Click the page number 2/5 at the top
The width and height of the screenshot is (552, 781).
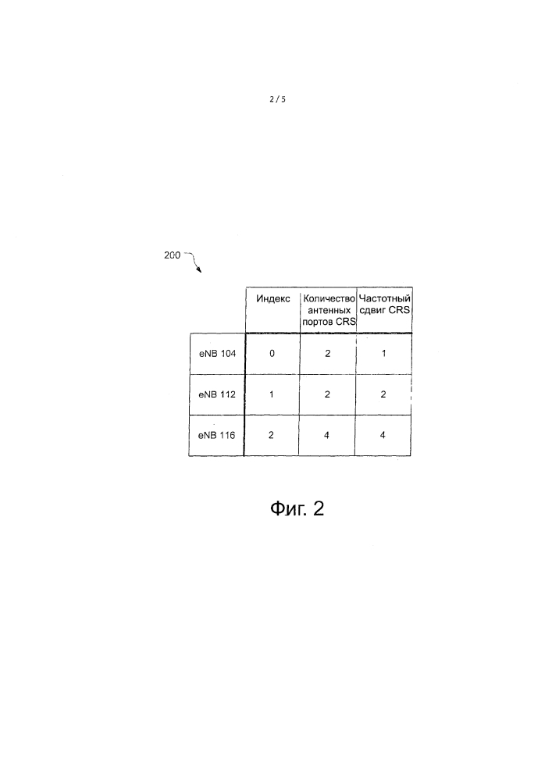tap(278, 99)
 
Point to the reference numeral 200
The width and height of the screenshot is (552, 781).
tap(173, 255)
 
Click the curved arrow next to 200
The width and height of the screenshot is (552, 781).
tap(194, 262)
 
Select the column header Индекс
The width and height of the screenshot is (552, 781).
tap(273, 298)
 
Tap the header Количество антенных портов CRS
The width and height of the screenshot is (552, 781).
tap(329, 310)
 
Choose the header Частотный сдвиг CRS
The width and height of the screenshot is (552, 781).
tap(384, 304)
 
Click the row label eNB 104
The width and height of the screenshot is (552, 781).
tap(218, 354)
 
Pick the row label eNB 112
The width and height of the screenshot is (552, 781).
tap(217, 394)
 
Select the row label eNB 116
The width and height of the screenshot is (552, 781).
tap(216, 435)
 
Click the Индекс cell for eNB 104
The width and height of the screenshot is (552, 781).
tap(272, 354)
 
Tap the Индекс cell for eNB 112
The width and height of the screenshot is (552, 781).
tap(271, 394)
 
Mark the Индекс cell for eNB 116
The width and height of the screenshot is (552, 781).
tap(271, 435)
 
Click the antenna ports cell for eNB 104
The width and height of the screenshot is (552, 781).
tap(327, 354)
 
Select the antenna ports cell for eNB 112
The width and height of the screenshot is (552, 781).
tap(327, 394)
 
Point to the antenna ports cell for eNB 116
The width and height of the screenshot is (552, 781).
tap(326, 435)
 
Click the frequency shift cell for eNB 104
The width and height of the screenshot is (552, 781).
tap(384, 354)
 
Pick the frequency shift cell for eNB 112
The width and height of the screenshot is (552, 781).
tap(383, 394)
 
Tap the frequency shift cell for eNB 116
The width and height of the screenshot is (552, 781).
tap(383, 435)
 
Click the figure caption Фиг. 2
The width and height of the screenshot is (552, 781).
tap(297, 509)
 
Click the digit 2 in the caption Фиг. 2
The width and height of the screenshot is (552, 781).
tap(319, 508)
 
